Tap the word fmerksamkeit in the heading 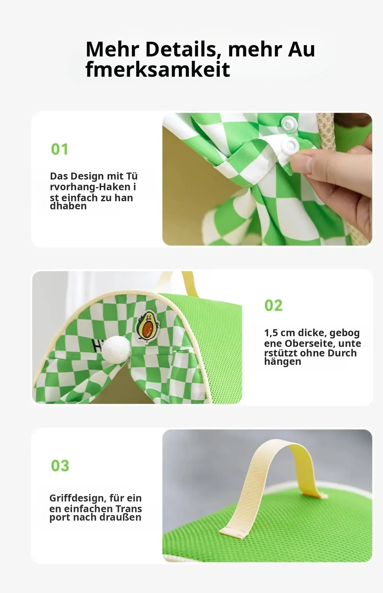click(158, 69)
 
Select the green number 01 click(59, 149)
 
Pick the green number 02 click(273, 305)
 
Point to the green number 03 click(60, 466)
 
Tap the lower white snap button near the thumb click(290, 145)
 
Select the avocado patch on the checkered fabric click(148, 327)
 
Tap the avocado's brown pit click(147, 330)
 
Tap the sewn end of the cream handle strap click(233, 533)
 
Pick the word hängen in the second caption click(283, 362)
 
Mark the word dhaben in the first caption click(68, 206)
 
